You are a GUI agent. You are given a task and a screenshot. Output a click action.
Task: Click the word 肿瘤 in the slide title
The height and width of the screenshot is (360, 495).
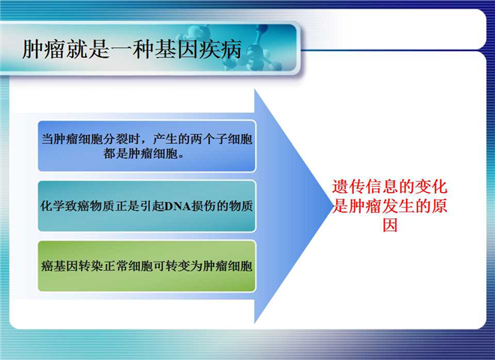pyautogui.click(x=43, y=49)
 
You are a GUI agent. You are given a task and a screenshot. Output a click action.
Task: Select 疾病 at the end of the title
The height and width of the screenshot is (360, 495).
pyautogui.click(x=220, y=49)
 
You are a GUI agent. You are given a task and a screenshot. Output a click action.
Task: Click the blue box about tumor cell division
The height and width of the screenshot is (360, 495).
pyautogui.click(x=147, y=146)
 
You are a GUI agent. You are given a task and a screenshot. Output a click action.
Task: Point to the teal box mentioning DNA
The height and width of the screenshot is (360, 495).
pyautogui.click(x=147, y=206)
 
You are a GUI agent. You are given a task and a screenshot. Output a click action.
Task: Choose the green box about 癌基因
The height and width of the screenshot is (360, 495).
pyautogui.click(x=147, y=266)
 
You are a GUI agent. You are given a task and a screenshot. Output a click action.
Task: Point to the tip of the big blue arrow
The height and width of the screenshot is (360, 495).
pyautogui.click(x=332, y=206)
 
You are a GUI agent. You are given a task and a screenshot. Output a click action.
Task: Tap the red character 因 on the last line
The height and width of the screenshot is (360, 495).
pyautogui.click(x=390, y=226)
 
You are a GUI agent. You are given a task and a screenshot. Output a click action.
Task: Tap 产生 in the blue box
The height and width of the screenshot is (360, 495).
pyautogui.click(x=165, y=139)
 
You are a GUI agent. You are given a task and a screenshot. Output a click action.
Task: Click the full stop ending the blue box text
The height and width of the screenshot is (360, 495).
pyautogui.click(x=181, y=156)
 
